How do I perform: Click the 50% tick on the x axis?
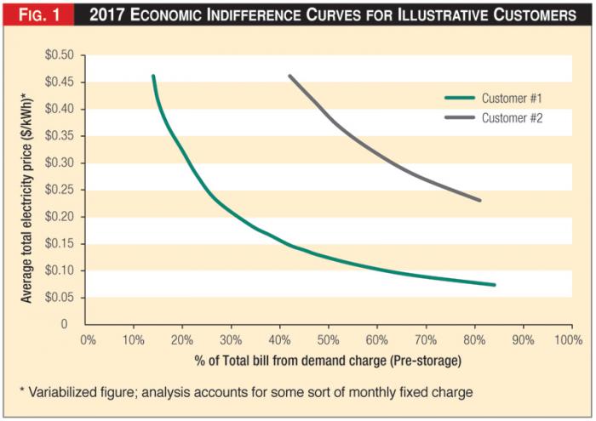pyautogui.click(x=328, y=339)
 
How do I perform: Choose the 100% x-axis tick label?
pyautogui.click(x=568, y=339)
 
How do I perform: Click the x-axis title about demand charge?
pyautogui.click(x=328, y=361)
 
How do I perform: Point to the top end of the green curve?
pyautogui.click(x=153, y=77)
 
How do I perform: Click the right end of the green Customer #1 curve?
pyautogui.click(x=494, y=284)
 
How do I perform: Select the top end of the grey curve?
pyautogui.click(x=289, y=77)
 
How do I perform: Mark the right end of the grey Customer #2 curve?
pyautogui.click(x=480, y=201)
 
